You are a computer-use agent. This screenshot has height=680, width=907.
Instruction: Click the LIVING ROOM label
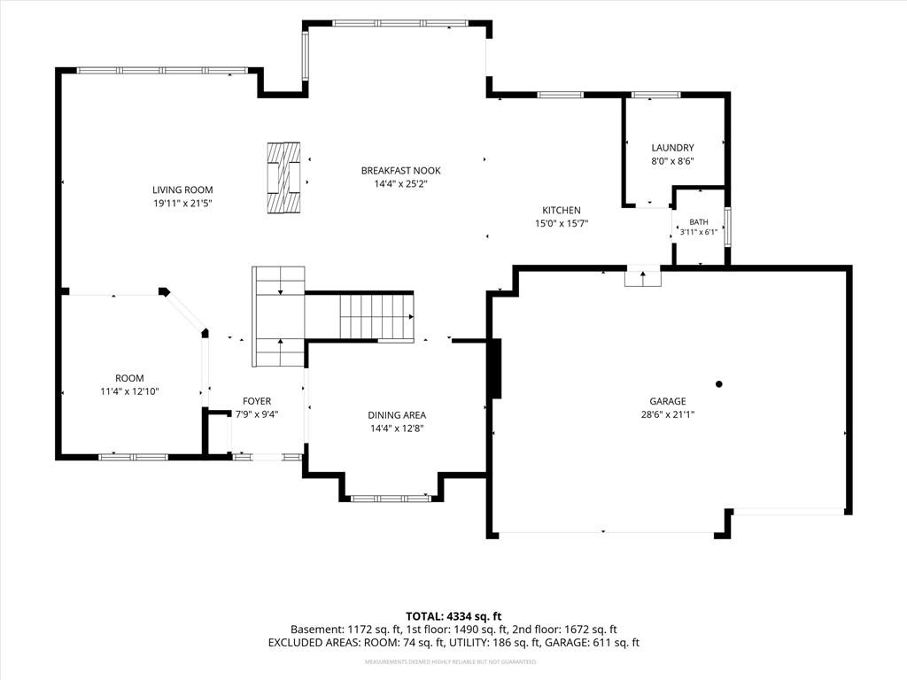pyautogui.click(x=182, y=189)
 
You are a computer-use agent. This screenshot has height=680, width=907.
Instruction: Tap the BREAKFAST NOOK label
pyautogui.click(x=401, y=171)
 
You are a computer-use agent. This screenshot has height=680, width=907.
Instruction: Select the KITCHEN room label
pyautogui.click(x=561, y=211)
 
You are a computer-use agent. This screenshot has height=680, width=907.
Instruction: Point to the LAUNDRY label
pyautogui.click(x=673, y=148)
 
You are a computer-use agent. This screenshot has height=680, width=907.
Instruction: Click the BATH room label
pyautogui.click(x=699, y=222)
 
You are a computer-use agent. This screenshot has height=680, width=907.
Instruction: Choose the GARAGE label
pyautogui.click(x=668, y=401)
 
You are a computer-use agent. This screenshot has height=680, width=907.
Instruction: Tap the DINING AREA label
pyautogui.click(x=397, y=415)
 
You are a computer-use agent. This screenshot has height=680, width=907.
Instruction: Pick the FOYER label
pyautogui.click(x=257, y=401)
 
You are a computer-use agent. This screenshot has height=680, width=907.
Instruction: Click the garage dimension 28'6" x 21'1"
pyautogui.click(x=668, y=414)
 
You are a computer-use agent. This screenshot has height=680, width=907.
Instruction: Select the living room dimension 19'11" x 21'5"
pyautogui.click(x=182, y=204)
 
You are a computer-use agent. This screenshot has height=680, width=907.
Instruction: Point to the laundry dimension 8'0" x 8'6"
pyautogui.click(x=673, y=161)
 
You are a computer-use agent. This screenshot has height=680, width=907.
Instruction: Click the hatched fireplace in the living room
pyautogui.click(x=284, y=177)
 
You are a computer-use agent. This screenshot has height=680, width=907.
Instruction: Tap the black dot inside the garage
pyautogui.click(x=719, y=384)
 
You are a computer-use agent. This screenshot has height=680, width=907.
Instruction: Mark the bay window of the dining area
pyautogui.click(x=391, y=498)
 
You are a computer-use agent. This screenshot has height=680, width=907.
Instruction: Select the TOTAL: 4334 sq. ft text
pyautogui.click(x=453, y=616)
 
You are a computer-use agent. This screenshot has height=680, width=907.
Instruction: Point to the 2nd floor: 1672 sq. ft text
pyautogui.click(x=564, y=630)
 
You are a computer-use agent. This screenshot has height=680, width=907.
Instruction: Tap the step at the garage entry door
pyautogui.click(x=643, y=278)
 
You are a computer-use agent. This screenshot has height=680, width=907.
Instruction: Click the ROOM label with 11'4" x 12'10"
pyautogui.click(x=129, y=378)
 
